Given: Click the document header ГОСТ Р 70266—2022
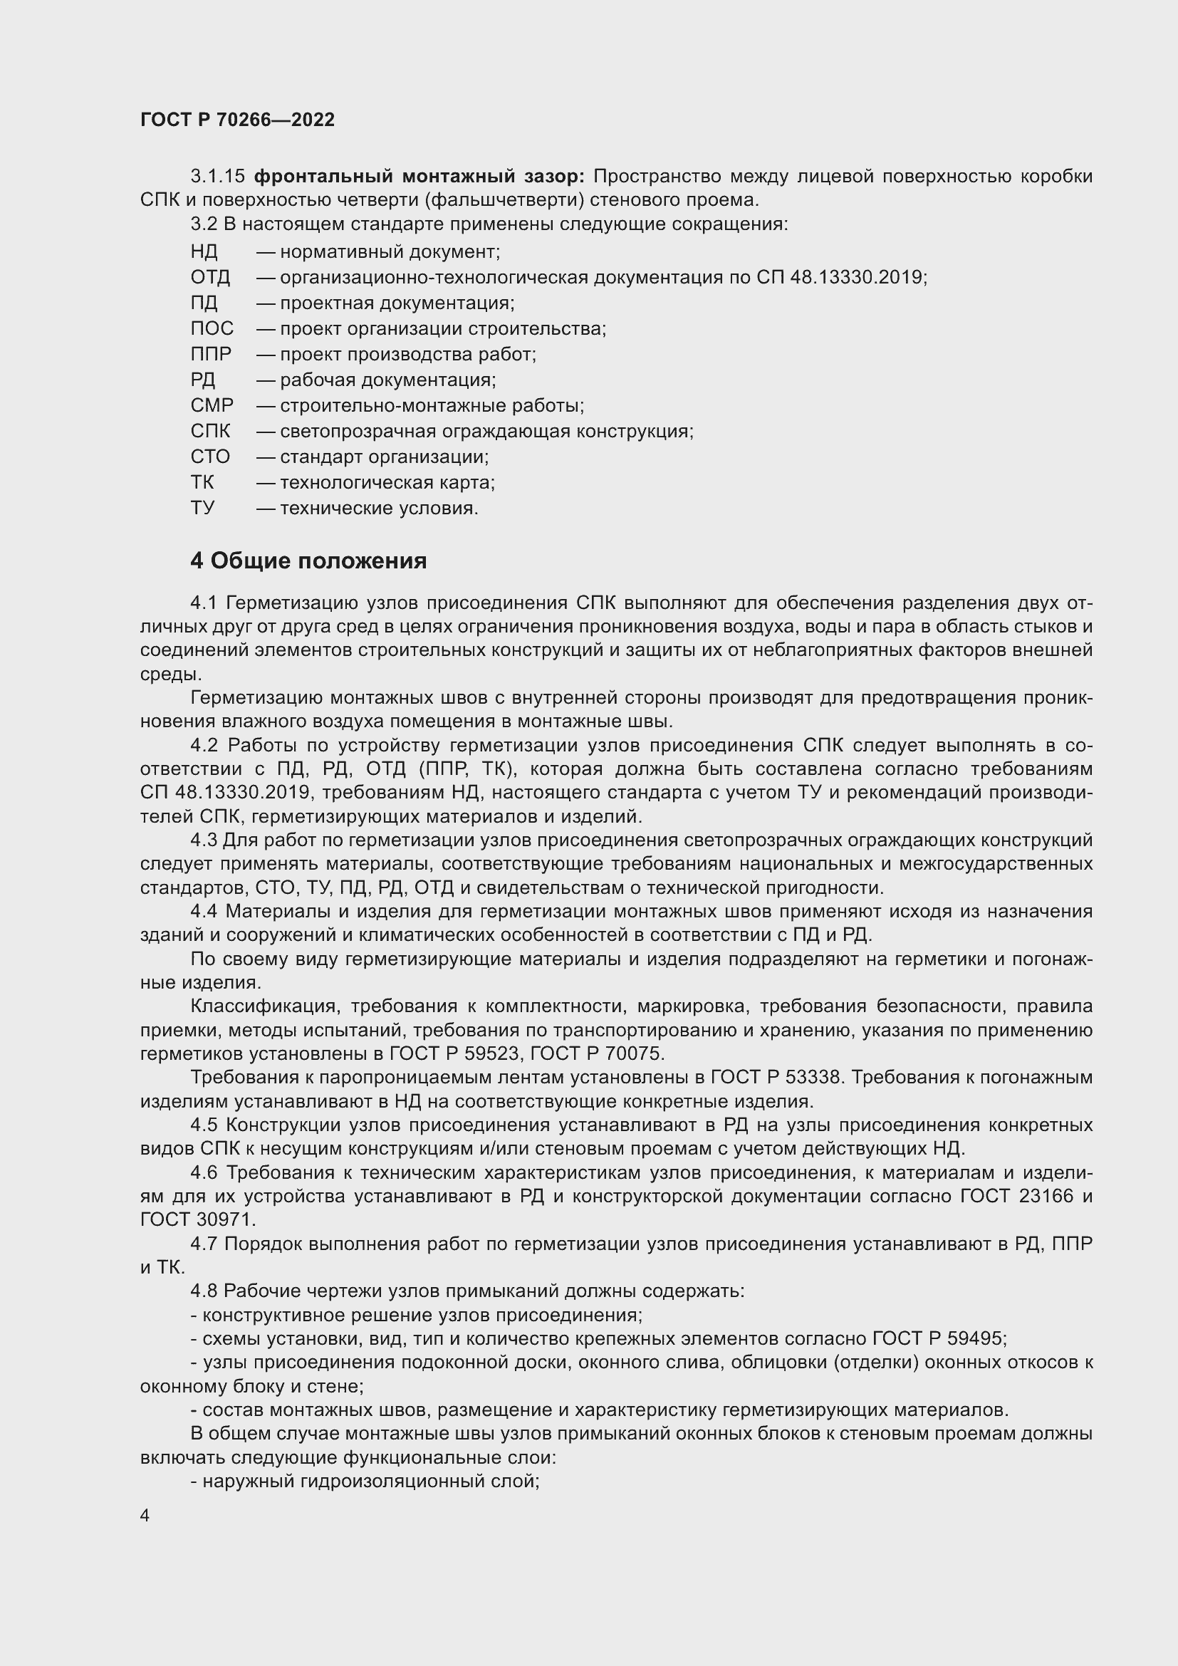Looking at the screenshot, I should coord(237,120).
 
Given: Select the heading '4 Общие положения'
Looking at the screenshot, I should coord(308,561).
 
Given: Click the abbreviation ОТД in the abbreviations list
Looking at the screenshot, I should coord(210,277).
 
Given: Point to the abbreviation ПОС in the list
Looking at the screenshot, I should coord(212,328).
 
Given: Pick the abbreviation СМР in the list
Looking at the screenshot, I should coord(212,405).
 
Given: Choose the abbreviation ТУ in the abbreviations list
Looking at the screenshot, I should coord(202,508).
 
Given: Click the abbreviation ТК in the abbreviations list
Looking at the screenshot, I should coord(202,482).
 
